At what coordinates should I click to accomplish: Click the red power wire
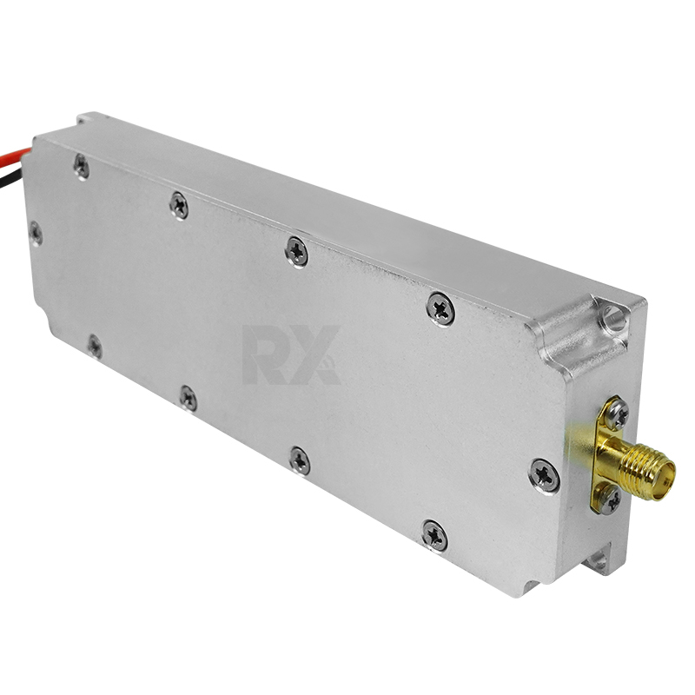[14, 157]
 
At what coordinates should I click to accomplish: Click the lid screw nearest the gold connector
[545, 475]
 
